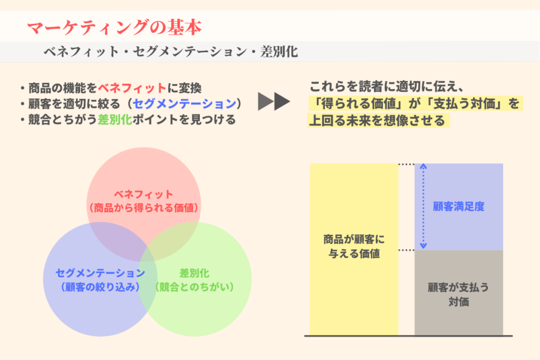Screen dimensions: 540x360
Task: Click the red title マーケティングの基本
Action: coord(114,27)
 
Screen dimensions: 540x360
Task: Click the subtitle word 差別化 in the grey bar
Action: coord(279,52)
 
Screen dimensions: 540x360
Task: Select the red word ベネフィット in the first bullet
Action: coord(132,88)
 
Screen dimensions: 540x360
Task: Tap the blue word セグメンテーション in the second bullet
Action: coord(185,104)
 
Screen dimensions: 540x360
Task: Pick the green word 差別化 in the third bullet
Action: coord(115,120)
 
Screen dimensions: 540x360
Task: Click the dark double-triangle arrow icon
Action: coord(274,102)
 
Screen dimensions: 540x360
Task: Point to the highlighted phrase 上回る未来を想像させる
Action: coord(377,121)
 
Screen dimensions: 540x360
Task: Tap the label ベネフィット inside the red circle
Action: coord(143,194)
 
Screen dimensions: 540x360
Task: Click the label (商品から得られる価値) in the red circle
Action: coord(143,208)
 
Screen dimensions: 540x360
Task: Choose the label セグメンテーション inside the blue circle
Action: coord(100,273)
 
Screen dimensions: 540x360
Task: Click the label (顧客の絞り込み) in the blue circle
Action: coord(100,287)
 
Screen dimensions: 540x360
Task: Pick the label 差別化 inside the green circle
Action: coord(195,273)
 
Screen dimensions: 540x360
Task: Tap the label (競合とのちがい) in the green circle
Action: coord(195,287)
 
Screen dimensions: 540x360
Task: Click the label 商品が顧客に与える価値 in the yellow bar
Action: coord(354,247)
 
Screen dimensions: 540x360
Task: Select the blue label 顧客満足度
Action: coord(459,207)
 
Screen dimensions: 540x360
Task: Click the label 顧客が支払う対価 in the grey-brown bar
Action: coord(458,295)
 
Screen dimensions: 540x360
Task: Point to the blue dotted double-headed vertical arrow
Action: coord(423,207)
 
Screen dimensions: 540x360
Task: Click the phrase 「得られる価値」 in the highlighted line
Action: coord(359,103)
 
